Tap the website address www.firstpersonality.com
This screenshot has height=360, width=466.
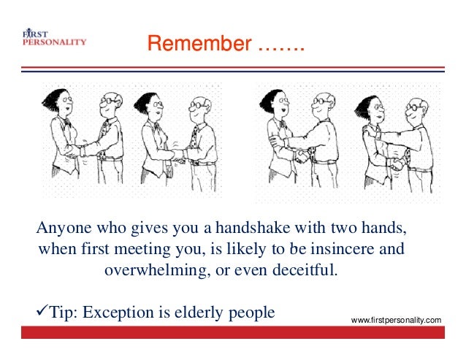(397, 321)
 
